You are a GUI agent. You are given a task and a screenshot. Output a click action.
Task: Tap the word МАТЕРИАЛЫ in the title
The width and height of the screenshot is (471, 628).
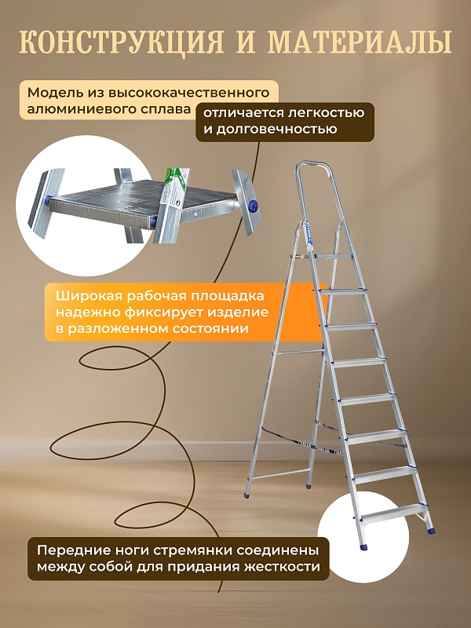(360, 41)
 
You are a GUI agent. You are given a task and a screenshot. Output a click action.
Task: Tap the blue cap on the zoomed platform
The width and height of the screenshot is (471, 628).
(253, 206)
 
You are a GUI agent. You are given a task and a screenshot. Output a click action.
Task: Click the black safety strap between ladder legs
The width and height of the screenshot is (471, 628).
(294, 433)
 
